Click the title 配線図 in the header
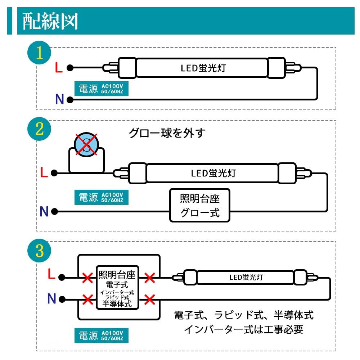[x=50, y=21]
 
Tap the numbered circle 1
[x=39, y=53]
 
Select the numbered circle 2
[x=39, y=129]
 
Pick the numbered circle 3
[x=39, y=251]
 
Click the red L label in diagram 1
[x=59, y=68]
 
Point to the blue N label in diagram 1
[x=59, y=99]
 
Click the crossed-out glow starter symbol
[x=86, y=145]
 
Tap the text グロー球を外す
[x=167, y=133]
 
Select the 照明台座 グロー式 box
[x=200, y=205]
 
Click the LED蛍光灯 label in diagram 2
[x=213, y=173]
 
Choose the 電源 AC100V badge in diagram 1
[x=101, y=89]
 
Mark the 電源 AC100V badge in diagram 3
[x=101, y=336]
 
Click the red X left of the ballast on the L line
[x=87, y=278]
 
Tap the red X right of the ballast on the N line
[x=150, y=300]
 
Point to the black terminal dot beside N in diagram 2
[x=54, y=211]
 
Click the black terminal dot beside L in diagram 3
[x=62, y=277]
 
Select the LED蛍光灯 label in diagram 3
[x=246, y=277]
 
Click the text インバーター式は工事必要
[x=244, y=329]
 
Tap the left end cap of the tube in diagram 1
[x=127, y=68]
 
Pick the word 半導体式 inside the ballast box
[x=117, y=304]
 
